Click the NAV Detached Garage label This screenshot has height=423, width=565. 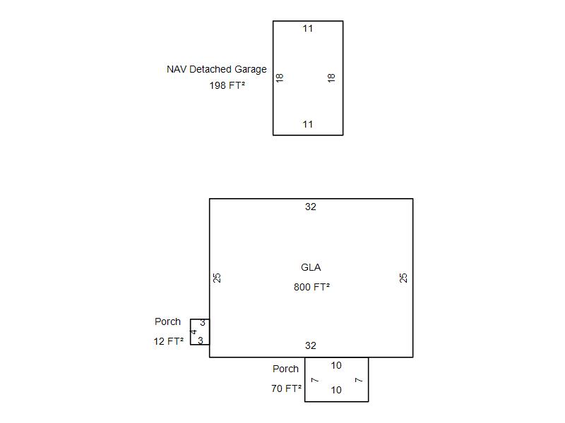pyautogui.click(x=217, y=69)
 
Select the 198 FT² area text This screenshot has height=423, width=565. pyautogui.click(x=227, y=85)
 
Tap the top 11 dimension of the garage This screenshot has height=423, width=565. pyautogui.click(x=308, y=29)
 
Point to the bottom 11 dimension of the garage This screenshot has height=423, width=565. pyautogui.click(x=308, y=125)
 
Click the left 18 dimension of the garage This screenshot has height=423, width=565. pyautogui.click(x=280, y=78)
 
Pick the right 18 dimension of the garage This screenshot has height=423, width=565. pyautogui.click(x=331, y=78)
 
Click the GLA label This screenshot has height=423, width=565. pyautogui.click(x=311, y=267)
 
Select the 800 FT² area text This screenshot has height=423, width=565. pyautogui.click(x=311, y=287)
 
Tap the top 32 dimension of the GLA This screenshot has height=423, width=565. pyautogui.click(x=311, y=207)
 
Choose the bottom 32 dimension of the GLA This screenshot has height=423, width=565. pyautogui.click(x=311, y=346)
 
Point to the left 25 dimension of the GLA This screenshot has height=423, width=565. pyautogui.click(x=218, y=278)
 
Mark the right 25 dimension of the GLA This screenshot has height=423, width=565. pyautogui.click(x=404, y=278)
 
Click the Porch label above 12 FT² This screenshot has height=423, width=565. pyautogui.click(x=167, y=321)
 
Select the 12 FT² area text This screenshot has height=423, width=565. pyautogui.click(x=169, y=341)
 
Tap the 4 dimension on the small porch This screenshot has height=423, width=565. pyautogui.click(x=194, y=332)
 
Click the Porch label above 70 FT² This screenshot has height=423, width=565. pyautogui.click(x=285, y=369)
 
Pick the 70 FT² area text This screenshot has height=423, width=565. pyautogui.click(x=287, y=388)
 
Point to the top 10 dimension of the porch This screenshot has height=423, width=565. pyautogui.click(x=336, y=366)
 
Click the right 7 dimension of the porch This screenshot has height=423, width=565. pyautogui.click(x=359, y=380)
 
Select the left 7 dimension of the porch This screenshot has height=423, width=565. pyautogui.click(x=314, y=380)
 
